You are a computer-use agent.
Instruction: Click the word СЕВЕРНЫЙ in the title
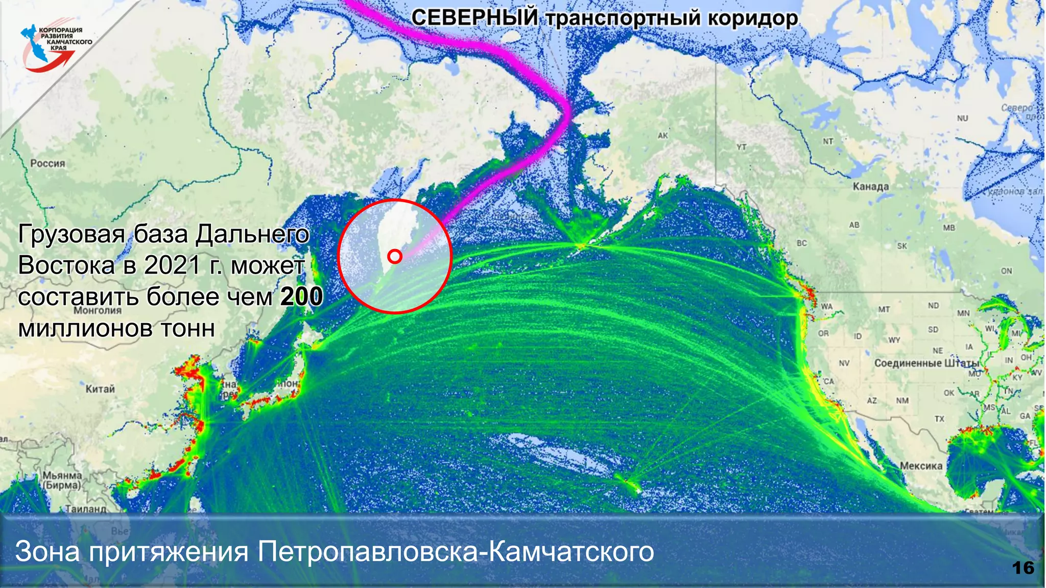pyautogui.click(x=474, y=18)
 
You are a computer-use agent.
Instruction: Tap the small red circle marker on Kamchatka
pyautogui.click(x=395, y=256)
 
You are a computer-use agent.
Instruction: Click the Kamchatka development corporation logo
pyautogui.click(x=54, y=47)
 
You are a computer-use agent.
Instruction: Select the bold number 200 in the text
pyautogui.click(x=302, y=297)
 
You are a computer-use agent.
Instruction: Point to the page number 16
pyautogui.click(x=1023, y=568)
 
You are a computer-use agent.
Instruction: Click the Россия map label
pyautogui.click(x=47, y=163)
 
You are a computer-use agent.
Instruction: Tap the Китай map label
pyautogui.click(x=100, y=389)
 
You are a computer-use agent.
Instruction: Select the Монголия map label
pyautogui.click(x=98, y=310)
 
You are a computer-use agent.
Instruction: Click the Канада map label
pyautogui.click(x=871, y=187)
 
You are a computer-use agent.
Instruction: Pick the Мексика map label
pyautogui.click(x=921, y=465)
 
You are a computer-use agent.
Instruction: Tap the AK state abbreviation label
pyautogui.click(x=662, y=136)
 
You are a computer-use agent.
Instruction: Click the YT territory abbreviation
pyautogui.click(x=742, y=148)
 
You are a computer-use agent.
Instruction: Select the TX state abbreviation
pyautogui.click(x=939, y=419)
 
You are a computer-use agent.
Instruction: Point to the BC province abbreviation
pyautogui.click(x=802, y=243)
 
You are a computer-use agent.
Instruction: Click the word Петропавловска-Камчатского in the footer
pyautogui.click(x=456, y=551)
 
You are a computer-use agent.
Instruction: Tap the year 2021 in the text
pyautogui.click(x=172, y=265)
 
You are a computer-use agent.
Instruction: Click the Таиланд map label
pyautogui.click(x=86, y=508)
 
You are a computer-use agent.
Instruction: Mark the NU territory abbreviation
pyautogui.click(x=962, y=118)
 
